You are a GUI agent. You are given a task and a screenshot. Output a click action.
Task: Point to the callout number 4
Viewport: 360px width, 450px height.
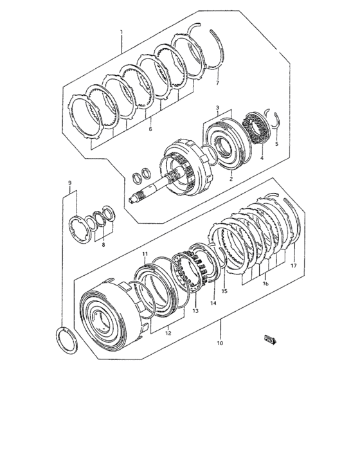tap(261, 157)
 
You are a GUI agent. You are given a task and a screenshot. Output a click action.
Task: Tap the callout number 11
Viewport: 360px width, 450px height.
tap(145, 254)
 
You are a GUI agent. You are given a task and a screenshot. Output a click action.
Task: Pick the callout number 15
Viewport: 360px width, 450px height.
tap(224, 291)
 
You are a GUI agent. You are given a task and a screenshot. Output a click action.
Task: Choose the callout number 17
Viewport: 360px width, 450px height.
tap(292, 265)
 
